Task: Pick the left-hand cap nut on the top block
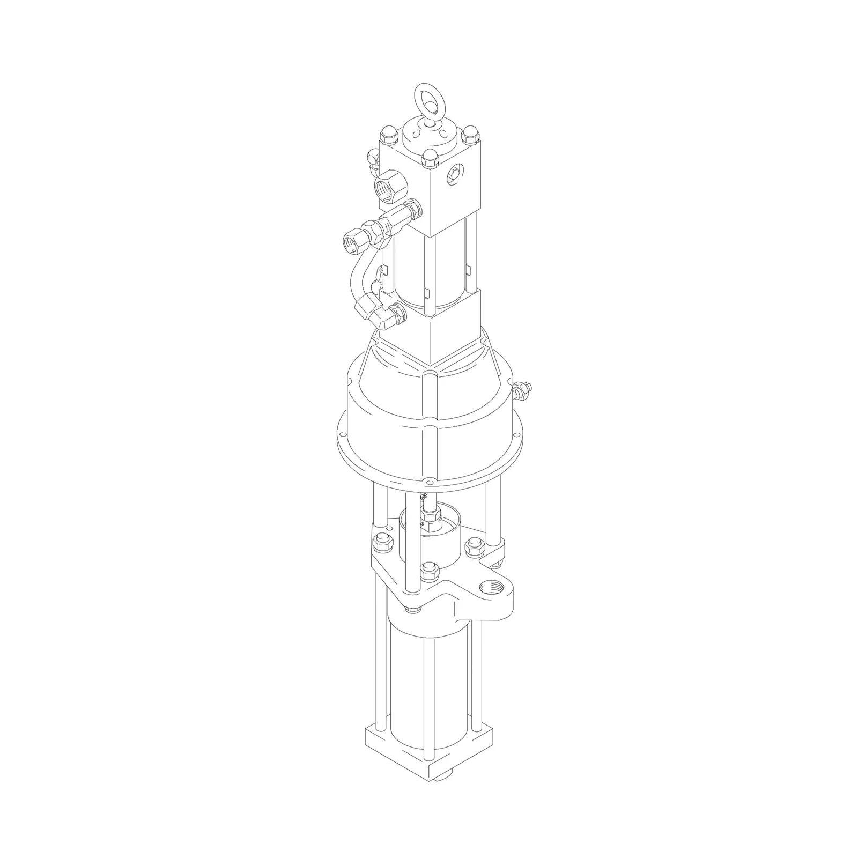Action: (x=387, y=134)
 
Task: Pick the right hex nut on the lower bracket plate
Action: (x=474, y=547)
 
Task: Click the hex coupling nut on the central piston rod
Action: (x=431, y=516)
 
